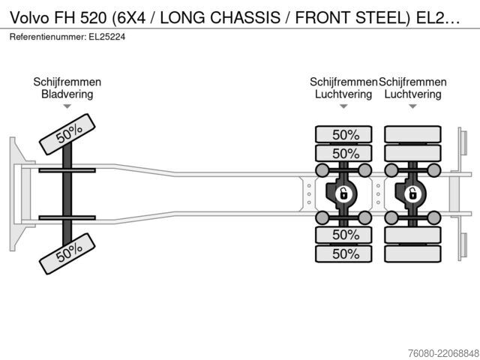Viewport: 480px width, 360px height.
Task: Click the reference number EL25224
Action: point(106,37)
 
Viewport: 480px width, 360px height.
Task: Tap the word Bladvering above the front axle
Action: point(67,94)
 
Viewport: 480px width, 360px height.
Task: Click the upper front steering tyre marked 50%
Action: point(67,134)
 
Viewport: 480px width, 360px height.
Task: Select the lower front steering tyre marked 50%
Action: point(67,253)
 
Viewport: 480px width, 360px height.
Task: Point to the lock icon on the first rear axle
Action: point(343,193)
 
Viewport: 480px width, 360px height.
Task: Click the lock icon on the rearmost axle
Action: point(412,193)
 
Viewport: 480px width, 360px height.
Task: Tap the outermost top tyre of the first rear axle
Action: point(343,134)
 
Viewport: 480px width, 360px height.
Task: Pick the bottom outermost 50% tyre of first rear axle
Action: point(343,253)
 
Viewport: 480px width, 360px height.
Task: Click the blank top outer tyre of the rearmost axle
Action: point(412,134)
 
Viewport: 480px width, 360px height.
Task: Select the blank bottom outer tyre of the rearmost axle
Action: point(412,253)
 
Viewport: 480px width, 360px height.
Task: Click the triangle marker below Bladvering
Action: point(67,106)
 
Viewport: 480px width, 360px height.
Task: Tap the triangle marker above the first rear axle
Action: point(343,106)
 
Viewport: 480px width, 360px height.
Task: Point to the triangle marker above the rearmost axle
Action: point(412,106)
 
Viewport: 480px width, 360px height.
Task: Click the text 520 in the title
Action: point(93,18)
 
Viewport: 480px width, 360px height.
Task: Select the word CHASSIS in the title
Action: point(245,18)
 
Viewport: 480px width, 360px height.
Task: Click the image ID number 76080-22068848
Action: point(443,353)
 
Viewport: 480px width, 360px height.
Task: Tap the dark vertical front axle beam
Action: point(67,194)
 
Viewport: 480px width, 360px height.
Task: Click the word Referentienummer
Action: point(48,37)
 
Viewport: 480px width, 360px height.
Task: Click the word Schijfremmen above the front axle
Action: point(67,82)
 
